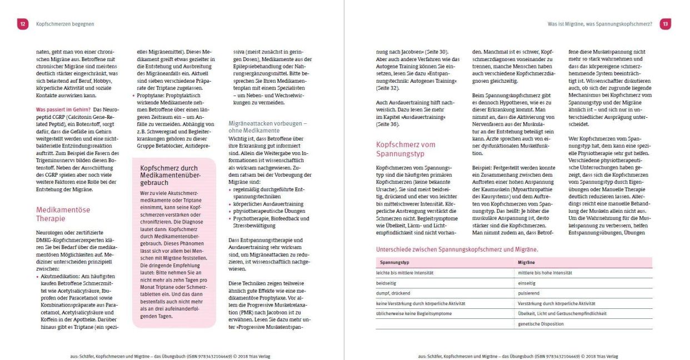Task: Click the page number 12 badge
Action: pos(23,24)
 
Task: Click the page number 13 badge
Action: pos(666,24)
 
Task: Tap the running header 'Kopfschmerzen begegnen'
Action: pos(65,24)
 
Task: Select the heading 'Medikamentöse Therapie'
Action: pos(63,214)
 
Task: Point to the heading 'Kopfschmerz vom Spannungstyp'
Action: pos(406,148)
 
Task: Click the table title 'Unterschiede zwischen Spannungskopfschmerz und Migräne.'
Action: pos(457,249)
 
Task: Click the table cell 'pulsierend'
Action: pos(529,293)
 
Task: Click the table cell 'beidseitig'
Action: pos(387,283)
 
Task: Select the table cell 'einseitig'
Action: pos(527,283)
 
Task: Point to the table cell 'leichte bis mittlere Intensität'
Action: pos(404,273)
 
